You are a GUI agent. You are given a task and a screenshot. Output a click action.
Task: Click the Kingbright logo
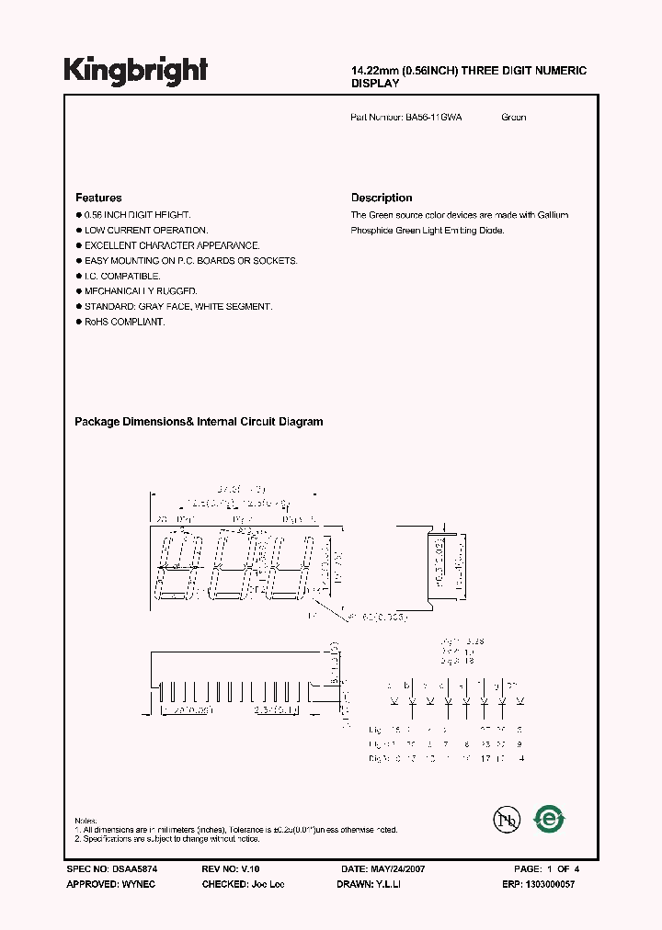coord(136,70)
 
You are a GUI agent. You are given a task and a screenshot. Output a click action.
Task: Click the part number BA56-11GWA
coord(433,118)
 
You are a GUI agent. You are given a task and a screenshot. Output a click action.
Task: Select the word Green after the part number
coord(514,118)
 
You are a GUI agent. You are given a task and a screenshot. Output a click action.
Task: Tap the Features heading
coord(98,198)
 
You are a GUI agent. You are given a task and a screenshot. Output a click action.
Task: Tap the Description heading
coord(382,198)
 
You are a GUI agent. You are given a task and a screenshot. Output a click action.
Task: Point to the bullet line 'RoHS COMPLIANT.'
coord(124,322)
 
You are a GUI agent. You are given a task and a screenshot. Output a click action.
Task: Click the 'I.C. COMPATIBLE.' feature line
coord(122,276)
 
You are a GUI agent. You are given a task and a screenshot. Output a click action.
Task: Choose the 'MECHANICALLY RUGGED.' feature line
coord(141,291)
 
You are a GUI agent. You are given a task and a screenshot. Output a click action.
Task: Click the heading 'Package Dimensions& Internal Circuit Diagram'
coord(199,422)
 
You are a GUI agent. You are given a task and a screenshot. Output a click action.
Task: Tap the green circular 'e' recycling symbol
coord(551,817)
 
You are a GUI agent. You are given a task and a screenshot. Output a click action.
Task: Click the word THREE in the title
coord(472,71)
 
